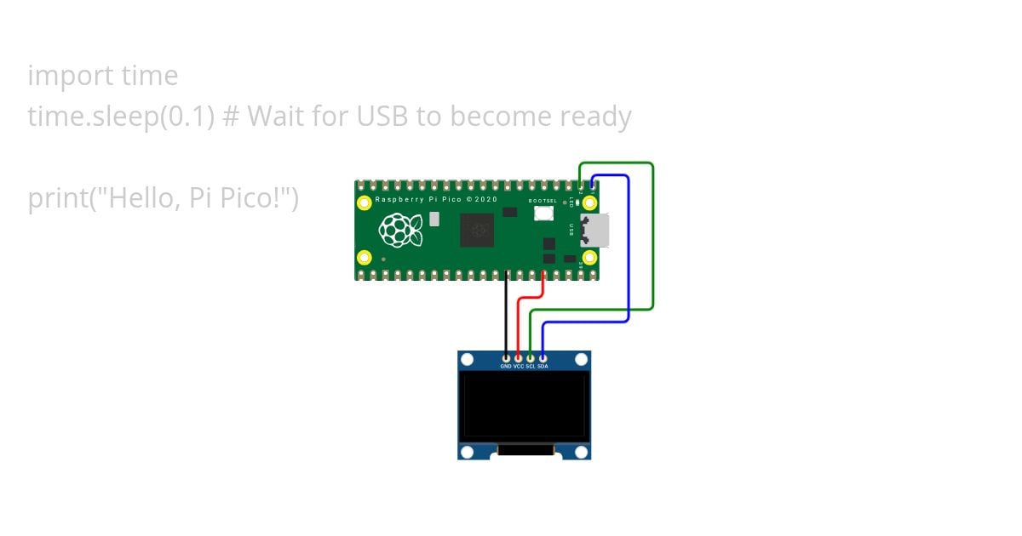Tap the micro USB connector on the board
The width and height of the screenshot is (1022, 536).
594,230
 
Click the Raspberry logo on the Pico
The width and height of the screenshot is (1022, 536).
400,230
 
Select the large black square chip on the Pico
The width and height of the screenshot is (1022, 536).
477,230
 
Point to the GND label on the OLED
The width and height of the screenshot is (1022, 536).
506,366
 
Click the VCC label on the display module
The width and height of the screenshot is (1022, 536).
519,366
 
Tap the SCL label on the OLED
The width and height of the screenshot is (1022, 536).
531,366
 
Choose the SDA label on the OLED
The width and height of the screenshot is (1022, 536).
543,366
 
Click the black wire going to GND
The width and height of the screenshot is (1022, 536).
506,315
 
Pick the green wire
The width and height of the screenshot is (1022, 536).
653,238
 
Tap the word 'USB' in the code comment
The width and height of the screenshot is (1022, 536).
382,116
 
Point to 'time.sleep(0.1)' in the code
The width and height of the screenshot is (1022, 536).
120,116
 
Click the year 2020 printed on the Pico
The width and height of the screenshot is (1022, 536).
485,199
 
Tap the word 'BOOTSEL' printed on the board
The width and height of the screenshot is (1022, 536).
543,201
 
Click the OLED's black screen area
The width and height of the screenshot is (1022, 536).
524,404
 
